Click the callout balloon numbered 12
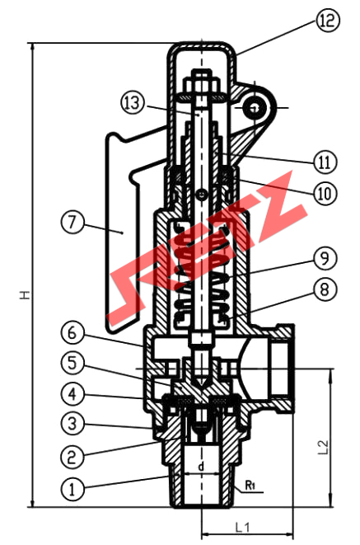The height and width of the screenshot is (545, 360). click(327, 21)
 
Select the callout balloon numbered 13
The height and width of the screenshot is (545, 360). click(133, 103)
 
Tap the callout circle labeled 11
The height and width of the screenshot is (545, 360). click(325, 162)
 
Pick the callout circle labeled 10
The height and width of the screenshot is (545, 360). click(325, 193)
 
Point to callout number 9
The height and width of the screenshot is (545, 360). click(325, 259)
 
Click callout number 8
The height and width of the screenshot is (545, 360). click(325, 289)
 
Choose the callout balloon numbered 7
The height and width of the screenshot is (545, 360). click(72, 222)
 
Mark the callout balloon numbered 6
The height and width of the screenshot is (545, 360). click(72, 333)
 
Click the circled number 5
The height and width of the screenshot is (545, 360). click(72, 364)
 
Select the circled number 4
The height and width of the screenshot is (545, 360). click(72, 394)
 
